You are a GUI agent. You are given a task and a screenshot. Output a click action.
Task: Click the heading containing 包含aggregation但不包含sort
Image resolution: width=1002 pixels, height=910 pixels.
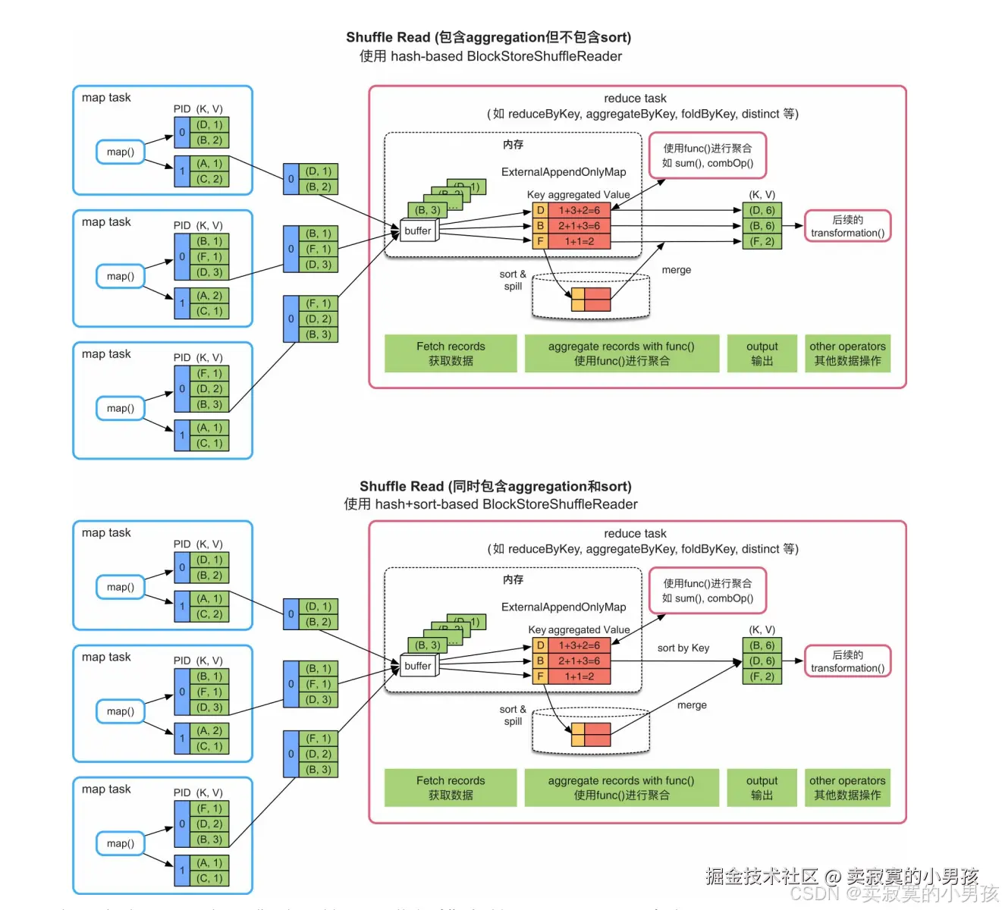coord(488,37)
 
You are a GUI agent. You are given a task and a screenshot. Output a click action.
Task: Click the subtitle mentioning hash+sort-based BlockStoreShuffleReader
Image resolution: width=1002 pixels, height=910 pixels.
coord(490,504)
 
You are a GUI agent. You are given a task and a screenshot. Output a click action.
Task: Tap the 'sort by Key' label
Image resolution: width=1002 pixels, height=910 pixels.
coord(683,648)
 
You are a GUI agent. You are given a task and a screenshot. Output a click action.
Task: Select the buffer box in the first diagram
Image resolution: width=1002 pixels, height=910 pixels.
coord(418,231)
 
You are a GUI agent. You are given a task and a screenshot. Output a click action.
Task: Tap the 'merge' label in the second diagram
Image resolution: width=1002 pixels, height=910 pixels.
coord(692,705)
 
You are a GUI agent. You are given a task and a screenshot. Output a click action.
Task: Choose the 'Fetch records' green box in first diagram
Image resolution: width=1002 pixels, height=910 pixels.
coord(451,353)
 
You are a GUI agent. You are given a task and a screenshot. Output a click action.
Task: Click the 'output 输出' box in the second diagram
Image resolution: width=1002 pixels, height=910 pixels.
coord(762,788)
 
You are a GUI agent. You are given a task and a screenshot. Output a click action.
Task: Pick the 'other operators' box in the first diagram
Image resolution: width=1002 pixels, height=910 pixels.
coord(847,353)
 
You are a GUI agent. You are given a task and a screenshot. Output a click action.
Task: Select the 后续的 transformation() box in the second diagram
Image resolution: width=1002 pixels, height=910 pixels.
coord(847,661)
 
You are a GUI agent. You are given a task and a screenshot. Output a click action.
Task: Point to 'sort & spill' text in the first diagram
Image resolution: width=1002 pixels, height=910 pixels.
coord(513,281)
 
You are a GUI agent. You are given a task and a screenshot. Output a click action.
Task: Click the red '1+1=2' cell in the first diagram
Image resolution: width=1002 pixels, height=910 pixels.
coord(580,242)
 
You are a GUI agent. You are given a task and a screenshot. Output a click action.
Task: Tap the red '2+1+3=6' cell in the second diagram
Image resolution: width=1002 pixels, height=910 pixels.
coord(580,661)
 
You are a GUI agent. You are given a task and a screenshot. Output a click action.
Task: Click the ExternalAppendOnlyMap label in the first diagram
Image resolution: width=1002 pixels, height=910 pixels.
coord(564,172)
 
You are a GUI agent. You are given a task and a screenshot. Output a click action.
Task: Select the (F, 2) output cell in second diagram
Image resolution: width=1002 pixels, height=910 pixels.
coord(762,676)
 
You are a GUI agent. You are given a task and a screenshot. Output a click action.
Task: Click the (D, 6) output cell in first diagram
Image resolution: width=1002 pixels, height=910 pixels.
coord(762,211)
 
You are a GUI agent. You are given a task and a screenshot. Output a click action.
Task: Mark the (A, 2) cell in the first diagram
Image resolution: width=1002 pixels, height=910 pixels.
coord(209,296)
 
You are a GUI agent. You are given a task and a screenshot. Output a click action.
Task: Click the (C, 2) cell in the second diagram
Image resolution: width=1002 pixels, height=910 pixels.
coord(209,614)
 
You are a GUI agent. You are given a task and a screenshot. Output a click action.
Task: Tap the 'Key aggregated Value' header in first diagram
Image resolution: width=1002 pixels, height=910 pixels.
coord(578,195)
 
